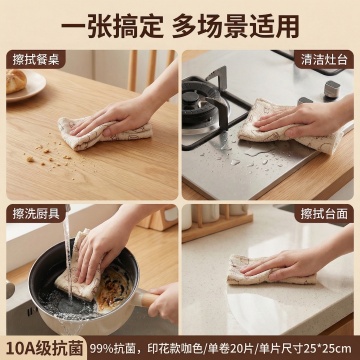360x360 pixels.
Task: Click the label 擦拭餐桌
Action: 36,60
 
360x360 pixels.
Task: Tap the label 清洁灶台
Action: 324,60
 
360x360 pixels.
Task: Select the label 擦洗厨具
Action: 36,214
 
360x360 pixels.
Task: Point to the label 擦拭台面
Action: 324,214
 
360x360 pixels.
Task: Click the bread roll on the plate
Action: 16,81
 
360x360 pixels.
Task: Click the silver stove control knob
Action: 332,89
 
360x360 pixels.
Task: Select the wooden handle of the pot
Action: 149,298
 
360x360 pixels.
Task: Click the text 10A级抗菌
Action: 44,348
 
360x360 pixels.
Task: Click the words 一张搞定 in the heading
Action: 112,26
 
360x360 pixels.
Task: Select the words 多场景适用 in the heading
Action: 235,26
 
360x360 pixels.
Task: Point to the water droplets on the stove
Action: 243,157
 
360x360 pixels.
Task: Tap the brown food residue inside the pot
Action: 113,287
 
